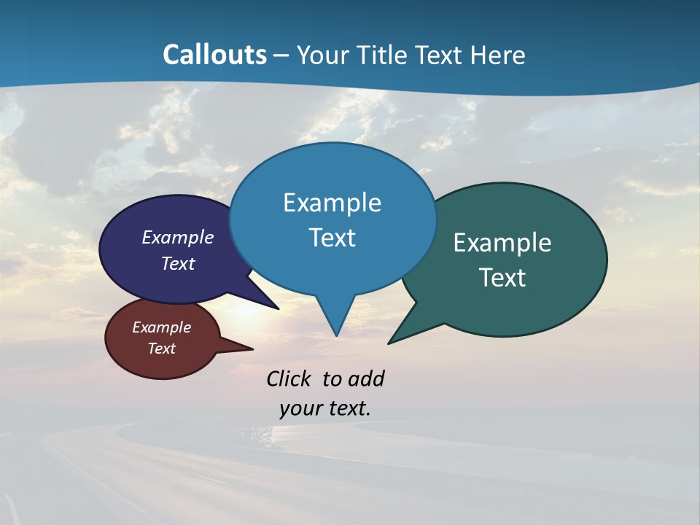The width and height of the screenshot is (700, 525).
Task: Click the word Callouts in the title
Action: coord(214,55)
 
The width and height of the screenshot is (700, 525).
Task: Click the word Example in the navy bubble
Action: coord(178,237)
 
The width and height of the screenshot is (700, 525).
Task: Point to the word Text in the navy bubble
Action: coord(178,263)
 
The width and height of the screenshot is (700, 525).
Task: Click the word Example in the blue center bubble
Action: coord(332,202)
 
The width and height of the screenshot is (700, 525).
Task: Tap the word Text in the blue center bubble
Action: coord(332,237)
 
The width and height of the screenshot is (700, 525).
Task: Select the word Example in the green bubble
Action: coord(502,242)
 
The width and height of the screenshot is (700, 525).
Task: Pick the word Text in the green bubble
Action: coord(502,277)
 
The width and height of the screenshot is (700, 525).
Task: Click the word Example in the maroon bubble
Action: coord(161,327)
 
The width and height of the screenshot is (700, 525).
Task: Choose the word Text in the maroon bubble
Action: coord(161,349)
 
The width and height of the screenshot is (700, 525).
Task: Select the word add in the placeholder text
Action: coord(366,378)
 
